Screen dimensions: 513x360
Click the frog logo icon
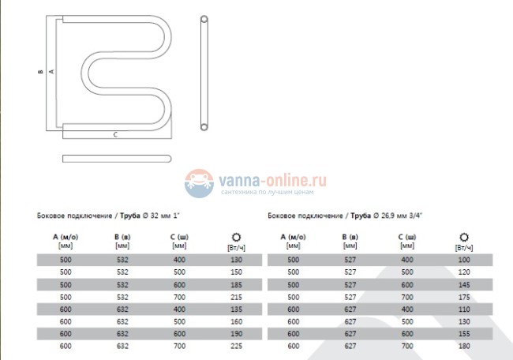(199, 183)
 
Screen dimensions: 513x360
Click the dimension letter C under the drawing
(115, 134)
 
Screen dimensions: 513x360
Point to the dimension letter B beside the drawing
(40, 72)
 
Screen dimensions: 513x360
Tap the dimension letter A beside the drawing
(51, 71)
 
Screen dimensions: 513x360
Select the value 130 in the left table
(236, 260)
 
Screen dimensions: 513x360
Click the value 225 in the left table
(236, 346)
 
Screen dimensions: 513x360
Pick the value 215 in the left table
(236, 297)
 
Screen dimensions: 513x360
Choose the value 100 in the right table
(464, 260)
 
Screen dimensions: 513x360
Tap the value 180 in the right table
(464, 346)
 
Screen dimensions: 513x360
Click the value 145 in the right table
(464, 285)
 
